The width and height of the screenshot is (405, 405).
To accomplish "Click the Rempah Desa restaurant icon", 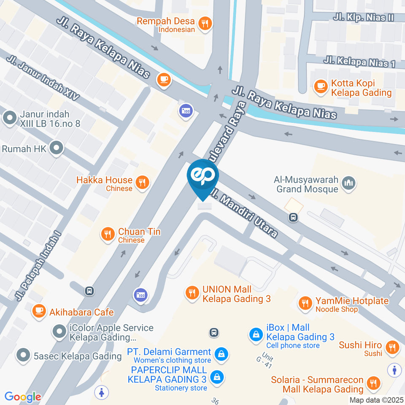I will coord(205,24).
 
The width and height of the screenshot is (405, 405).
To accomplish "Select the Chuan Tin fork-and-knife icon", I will coord(108,234).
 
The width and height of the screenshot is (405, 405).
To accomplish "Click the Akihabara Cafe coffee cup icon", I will coord(39,312).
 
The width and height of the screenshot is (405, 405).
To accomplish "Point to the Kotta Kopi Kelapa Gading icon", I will coord(321,87).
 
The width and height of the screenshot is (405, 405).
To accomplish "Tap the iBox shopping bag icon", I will coord(255,335).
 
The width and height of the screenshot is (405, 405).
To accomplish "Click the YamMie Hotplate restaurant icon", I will coord(305,303).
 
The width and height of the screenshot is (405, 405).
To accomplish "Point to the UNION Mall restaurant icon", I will coord(192,292).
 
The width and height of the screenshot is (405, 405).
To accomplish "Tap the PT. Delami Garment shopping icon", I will coord(220,354).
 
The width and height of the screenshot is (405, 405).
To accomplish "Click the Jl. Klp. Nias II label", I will coord(363,17).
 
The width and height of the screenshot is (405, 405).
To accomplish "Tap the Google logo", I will coord(23,397).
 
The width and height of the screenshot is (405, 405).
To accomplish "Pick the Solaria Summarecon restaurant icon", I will coord(373,383).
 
